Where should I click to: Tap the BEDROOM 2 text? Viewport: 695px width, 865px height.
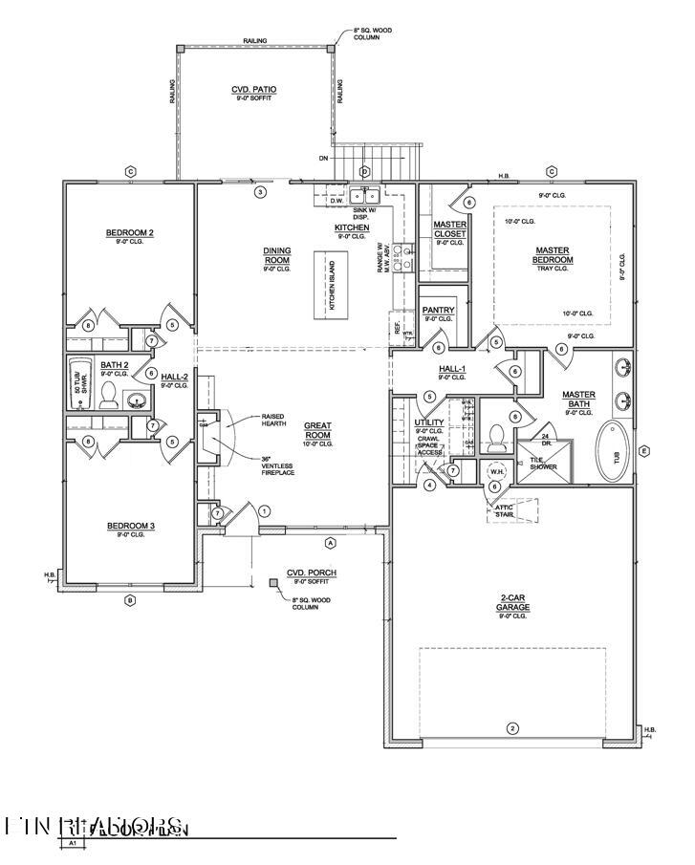130,232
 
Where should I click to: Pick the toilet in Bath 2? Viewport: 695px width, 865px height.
108,396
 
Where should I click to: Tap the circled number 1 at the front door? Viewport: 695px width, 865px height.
265,511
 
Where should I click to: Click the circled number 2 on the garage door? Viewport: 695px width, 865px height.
512,728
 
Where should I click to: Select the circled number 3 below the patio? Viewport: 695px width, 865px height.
258,192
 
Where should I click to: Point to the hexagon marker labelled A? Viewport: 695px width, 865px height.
331,542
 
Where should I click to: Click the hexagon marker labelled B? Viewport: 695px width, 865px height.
130,600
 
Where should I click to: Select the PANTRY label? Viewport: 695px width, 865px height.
438,311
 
